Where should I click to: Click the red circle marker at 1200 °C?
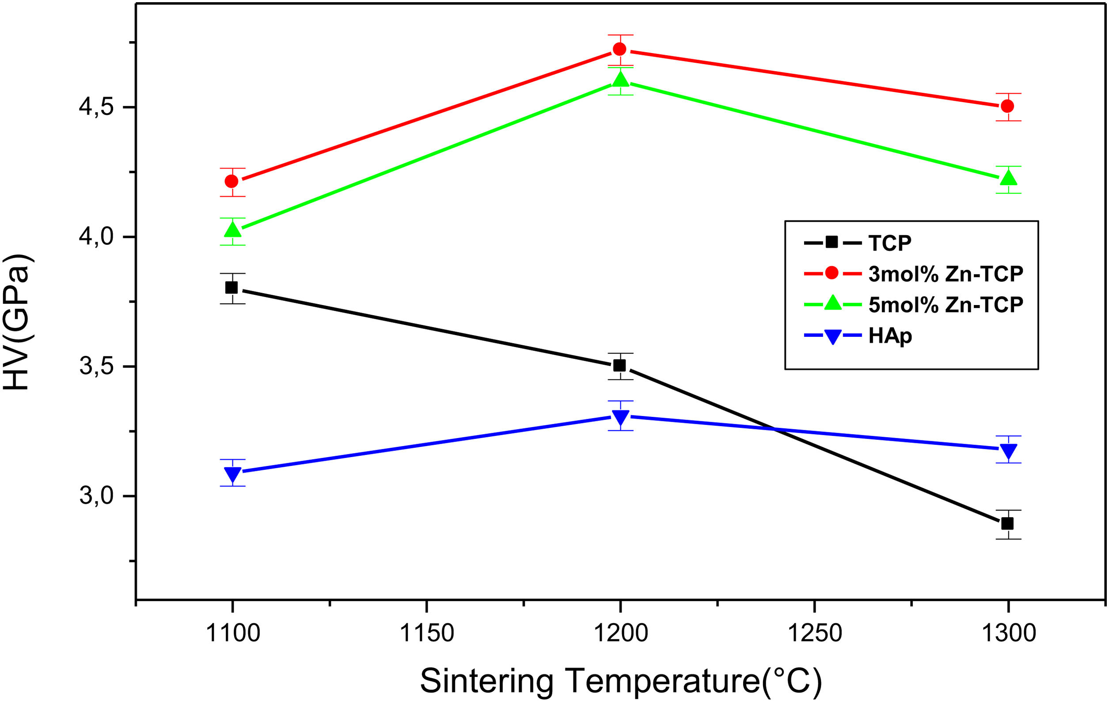pos(620,49)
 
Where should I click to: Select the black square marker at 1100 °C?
pos(232,288)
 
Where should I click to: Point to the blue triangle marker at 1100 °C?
pos(232,474)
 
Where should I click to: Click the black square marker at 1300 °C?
pos(1008,523)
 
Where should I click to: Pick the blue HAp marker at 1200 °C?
pos(620,418)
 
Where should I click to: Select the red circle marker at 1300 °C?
pos(1008,106)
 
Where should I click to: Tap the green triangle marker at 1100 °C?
pos(232,229)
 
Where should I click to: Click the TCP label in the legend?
pos(890,243)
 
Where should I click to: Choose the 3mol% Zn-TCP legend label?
pos(946,274)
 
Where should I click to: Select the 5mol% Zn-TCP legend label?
pos(946,305)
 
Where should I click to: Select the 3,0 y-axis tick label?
pos(96,496)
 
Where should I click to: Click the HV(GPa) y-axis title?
pos(17,322)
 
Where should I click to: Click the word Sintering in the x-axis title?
pos(487,681)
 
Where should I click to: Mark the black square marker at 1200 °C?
pos(619,366)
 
